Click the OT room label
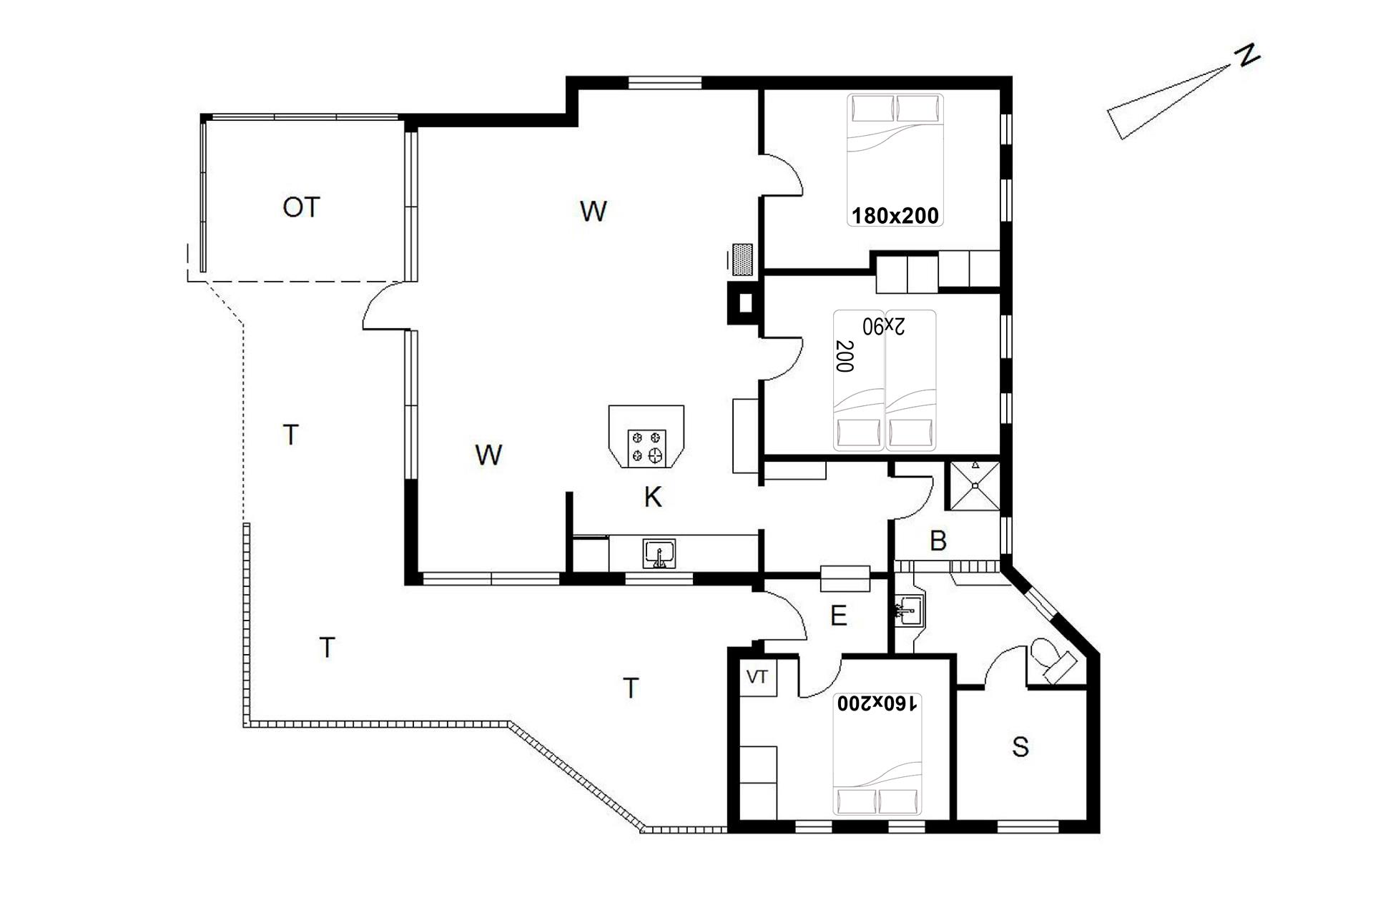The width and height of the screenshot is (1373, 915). (300, 207)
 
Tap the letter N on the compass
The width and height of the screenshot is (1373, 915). (1249, 55)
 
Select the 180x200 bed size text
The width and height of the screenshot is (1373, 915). (895, 215)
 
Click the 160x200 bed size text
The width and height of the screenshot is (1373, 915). (877, 703)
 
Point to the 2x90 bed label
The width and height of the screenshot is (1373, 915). (884, 326)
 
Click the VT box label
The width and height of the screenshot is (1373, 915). (757, 676)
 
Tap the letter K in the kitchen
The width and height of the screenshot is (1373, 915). (652, 497)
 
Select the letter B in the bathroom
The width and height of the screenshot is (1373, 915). (938, 541)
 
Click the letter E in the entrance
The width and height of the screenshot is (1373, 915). (838, 615)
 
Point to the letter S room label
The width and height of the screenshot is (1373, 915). (1020, 747)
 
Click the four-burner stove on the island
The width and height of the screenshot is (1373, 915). (646, 447)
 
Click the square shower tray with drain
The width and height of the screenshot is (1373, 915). (974, 485)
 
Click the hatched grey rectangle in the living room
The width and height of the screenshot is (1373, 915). (744, 259)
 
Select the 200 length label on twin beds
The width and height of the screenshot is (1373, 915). (845, 356)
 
